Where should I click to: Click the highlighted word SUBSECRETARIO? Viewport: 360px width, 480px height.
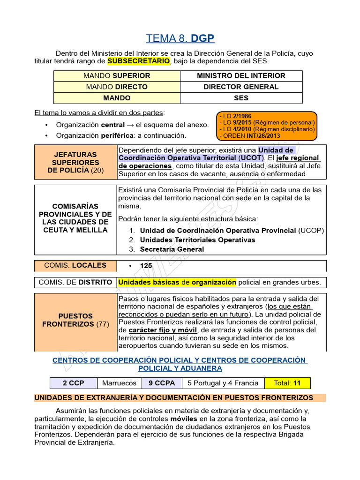pos(139,61)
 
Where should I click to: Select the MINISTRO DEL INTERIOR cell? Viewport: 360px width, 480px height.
pos(241,75)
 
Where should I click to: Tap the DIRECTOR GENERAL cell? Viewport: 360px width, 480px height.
pos(241,87)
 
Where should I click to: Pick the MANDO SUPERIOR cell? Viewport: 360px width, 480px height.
pos(117,75)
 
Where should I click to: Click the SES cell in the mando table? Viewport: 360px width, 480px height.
pos(241,98)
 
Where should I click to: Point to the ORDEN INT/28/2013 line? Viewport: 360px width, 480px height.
pos(249,136)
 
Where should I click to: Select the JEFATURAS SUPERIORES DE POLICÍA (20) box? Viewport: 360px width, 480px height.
pos(75,162)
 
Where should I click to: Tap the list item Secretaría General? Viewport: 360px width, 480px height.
pos(172,249)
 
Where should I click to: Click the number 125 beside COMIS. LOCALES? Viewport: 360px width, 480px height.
pos(146,266)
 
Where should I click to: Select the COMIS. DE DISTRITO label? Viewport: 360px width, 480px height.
pos(75,282)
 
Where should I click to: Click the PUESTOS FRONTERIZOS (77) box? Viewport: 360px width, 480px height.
pos(75,320)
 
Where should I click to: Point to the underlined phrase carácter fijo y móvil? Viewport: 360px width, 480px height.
pos(163,330)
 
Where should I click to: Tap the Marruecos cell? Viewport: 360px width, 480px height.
pos(119,383)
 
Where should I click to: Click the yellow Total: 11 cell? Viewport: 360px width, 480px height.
pos(287,383)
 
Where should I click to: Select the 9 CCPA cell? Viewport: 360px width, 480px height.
pos(162,383)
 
